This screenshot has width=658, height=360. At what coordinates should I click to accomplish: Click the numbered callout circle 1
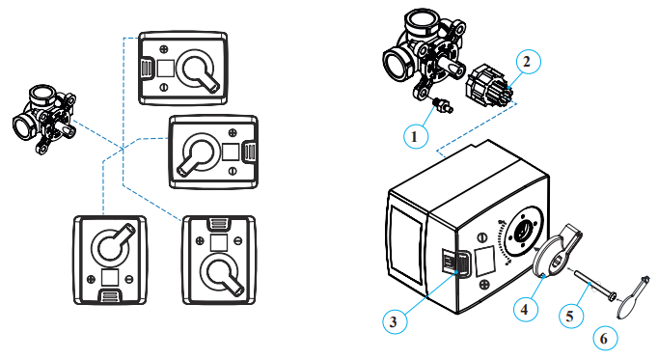(x=416, y=136)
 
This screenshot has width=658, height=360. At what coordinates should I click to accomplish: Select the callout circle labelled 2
(x=528, y=62)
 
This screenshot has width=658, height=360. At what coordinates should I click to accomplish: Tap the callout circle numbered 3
(x=395, y=321)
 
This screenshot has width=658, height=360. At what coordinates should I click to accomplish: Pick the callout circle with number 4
(x=526, y=309)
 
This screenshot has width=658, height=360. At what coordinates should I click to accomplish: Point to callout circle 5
(x=571, y=315)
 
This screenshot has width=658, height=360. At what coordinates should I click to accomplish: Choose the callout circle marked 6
(x=605, y=338)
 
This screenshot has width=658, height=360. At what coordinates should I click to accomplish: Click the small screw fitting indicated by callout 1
(x=444, y=105)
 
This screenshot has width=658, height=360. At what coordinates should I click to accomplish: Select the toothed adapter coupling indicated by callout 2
(x=489, y=88)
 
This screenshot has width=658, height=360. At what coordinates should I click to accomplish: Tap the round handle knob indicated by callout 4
(x=556, y=251)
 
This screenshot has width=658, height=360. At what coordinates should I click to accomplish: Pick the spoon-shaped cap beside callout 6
(x=634, y=297)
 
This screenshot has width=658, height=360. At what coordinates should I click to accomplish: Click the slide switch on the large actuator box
(x=457, y=264)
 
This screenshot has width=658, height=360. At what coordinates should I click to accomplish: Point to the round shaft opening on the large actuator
(x=523, y=230)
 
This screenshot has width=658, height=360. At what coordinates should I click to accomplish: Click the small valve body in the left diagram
(x=44, y=120)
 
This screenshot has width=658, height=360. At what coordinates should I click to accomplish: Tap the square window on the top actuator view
(x=165, y=68)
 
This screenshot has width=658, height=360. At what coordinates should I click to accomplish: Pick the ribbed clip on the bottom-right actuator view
(x=219, y=225)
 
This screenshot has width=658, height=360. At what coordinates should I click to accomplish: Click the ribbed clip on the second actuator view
(x=249, y=152)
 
